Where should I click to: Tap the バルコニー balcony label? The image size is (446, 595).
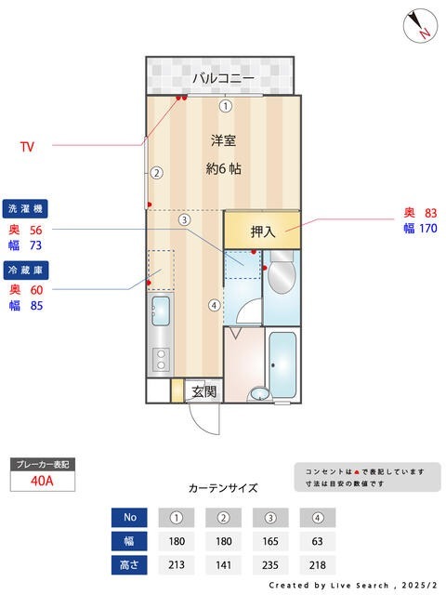point(223,78)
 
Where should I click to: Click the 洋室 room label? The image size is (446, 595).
point(223,141)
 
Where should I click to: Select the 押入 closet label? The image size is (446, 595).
point(263,231)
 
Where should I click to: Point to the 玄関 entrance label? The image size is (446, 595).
point(203,391)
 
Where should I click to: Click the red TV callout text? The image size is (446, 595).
point(28,147)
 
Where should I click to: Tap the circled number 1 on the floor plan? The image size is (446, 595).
point(224,106)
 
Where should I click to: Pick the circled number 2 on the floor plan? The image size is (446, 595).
point(157,172)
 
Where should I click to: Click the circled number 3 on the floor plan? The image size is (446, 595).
point(185,220)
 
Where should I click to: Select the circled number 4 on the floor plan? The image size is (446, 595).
point(214,304)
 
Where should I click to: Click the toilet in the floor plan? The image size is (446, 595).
point(282,276)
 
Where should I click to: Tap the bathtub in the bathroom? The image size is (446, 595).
point(282,361)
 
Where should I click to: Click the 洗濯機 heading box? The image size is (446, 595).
point(25,208)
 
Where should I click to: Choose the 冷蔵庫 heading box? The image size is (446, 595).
point(25,270)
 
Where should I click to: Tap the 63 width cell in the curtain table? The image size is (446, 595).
point(318,541)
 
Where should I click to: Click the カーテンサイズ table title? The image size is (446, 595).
point(223,487)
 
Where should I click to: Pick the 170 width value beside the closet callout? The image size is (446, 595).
point(427,229)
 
